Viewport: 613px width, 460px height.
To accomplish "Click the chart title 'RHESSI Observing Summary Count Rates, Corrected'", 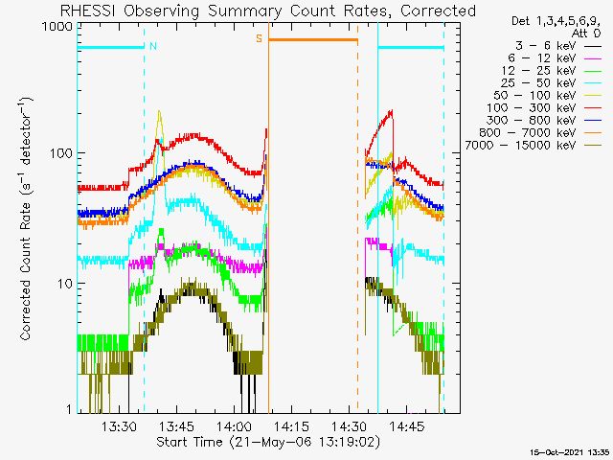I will pos(267,11).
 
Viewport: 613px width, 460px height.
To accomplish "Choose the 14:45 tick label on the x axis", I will pos(407,427).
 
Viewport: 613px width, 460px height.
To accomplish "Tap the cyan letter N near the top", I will pos(153,45).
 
